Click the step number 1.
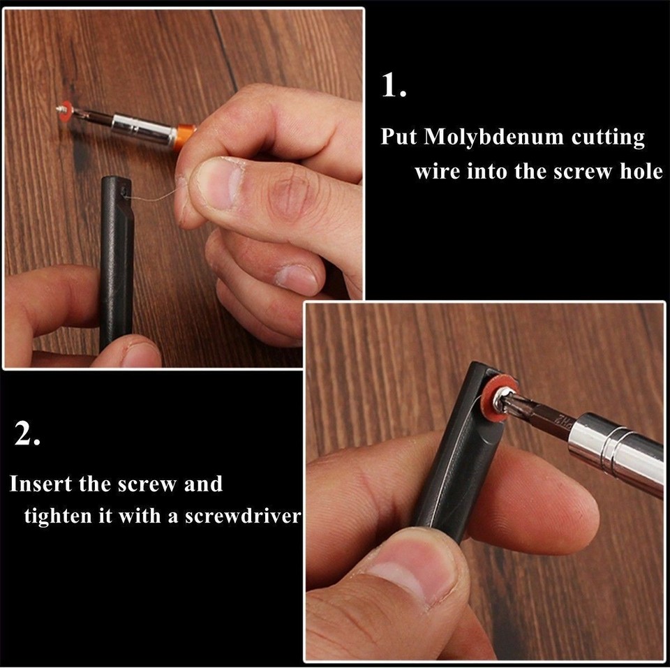point(393,86)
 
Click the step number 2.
point(27,435)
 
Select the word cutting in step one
point(608,137)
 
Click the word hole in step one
point(641,171)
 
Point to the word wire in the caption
point(436,171)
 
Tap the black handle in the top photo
point(116,258)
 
